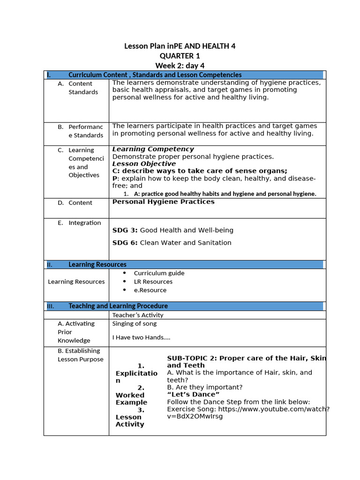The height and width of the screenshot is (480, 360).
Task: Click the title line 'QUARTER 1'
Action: click(x=180, y=56)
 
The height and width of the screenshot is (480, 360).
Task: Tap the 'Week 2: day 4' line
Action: click(x=180, y=66)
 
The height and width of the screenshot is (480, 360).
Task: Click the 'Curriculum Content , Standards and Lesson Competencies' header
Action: click(x=155, y=75)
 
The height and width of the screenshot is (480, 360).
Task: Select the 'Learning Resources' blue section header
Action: click(x=97, y=264)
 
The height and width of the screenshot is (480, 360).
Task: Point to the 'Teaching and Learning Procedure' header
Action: click(x=118, y=306)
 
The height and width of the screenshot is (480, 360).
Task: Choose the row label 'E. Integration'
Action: click(x=79, y=223)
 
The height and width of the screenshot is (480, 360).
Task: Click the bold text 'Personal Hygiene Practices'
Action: click(x=163, y=202)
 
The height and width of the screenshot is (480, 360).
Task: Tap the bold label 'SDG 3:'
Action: click(x=125, y=230)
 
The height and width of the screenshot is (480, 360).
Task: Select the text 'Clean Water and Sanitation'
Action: click(x=186, y=243)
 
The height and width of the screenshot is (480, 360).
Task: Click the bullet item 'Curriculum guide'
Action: click(x=159, y=273)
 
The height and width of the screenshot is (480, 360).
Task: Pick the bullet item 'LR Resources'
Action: click(x=153, y=282)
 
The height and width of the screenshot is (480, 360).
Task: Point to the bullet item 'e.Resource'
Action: click(x=150, y=290)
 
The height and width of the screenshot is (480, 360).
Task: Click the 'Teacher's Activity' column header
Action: click(x=138, y=315)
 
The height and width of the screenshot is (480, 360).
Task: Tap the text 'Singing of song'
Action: click(x=135, y=323)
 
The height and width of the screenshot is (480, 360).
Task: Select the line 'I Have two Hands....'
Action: click(x=141, y=337)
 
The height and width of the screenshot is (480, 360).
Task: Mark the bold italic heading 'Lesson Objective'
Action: click(x=144, y=164)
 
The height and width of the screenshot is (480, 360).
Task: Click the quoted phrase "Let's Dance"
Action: click(x=193, y=395)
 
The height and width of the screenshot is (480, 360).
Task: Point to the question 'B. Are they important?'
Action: click(x=205, y=387)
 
